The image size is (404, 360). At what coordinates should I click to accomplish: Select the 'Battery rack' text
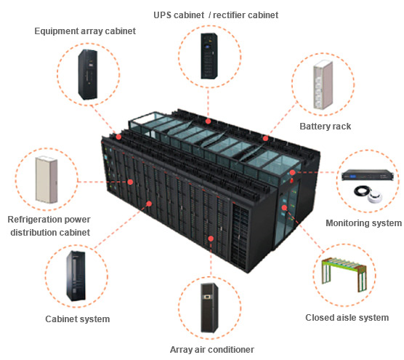click(x=325, y=127)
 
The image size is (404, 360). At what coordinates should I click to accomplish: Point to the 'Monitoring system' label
click(x=363, y=223)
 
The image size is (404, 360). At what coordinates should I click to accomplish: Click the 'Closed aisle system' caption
click(x=347, y=318)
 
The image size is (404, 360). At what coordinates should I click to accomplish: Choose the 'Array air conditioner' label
click(x=212, y=349)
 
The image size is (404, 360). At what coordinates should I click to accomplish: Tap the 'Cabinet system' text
click(x=78, y=319)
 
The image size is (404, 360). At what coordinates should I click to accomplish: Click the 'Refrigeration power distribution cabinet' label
click(x=49, y=225)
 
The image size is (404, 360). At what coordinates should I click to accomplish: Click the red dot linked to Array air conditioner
click(x=211, y=237)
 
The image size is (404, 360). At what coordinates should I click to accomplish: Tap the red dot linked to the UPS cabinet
click(x=208, y=122)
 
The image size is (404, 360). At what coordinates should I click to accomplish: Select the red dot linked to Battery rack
click(x=267, y=137)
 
